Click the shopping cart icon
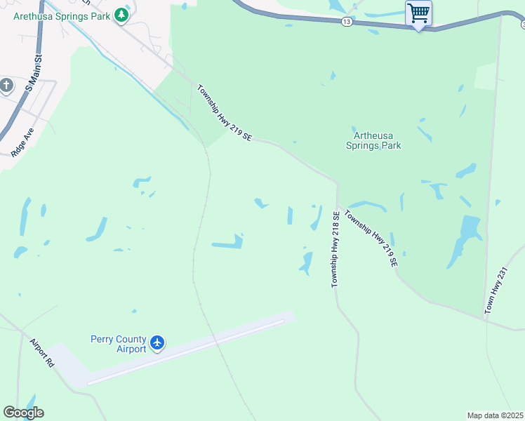point(418,13)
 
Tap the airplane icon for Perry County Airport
point(157,343)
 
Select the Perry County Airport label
point(118,344)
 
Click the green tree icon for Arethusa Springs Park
point(122,15)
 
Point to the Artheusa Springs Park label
point(377,141)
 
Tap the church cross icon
point(6,86)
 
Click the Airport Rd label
point(42,354)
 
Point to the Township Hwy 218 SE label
point(335,249)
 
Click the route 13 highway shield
point(347,22)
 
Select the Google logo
point(23,413)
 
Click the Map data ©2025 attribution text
point(496,415)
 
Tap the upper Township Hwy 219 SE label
point(224,113)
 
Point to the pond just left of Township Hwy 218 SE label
point(306,262)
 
